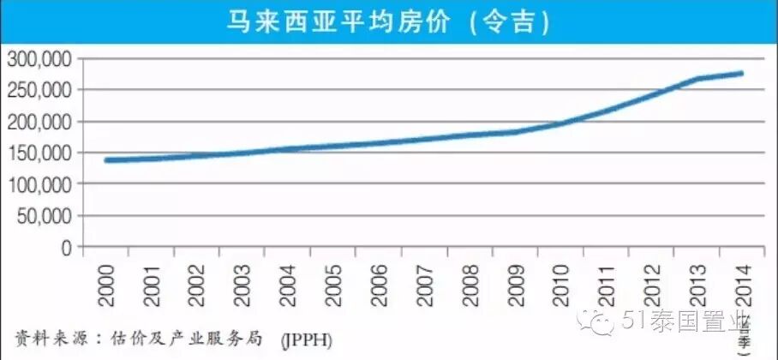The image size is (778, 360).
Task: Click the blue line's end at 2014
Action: [741, 73]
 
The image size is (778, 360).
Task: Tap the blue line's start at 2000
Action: [105, 160]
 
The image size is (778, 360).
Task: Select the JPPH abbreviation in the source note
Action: [306, 339]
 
